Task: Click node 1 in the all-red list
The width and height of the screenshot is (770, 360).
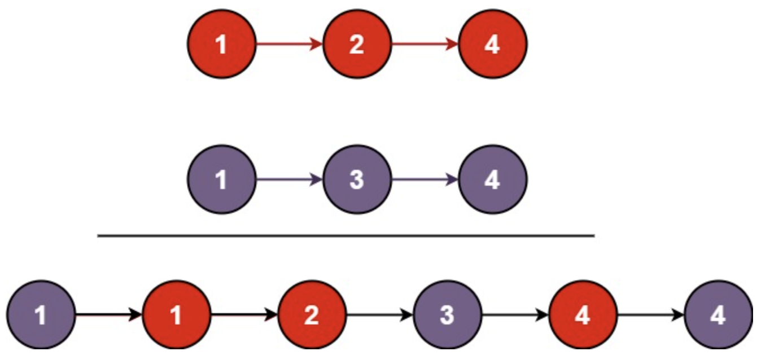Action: tap(222, 43)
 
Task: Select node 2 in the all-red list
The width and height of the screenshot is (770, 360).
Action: tap(357, 43)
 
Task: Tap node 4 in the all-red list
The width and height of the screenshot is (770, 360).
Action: tap(492, 43)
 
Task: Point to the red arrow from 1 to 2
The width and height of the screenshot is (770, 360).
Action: tap(289, 43)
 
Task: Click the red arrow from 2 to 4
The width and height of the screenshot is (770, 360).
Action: tap(425, 43)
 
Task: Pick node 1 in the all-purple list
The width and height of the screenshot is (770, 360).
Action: tap(222, 179)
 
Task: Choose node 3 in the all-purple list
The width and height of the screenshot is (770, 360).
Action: tap(357, 179)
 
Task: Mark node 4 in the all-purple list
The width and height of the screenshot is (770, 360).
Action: tap(492, 179)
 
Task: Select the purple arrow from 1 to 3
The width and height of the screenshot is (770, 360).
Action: tap(289, 179)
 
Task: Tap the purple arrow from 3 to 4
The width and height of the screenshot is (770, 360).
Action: tap(425, 179)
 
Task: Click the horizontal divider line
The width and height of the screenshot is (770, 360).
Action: tap(345, 235)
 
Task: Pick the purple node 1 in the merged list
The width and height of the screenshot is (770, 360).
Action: tap(41, 314)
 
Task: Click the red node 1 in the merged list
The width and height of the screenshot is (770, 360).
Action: tap(176, 314)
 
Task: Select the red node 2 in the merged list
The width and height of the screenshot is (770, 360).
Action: tap(312, 314)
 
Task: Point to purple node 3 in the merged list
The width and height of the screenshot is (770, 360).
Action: tap(447, 314)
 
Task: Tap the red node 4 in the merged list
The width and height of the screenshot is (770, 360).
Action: tap(583, 314)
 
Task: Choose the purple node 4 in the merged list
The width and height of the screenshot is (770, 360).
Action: tap(718, 314)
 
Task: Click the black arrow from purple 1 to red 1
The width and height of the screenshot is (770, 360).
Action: tap(108, 314)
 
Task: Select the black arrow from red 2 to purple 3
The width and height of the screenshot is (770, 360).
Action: tap(379, 314)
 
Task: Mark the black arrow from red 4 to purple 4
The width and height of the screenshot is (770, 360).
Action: tap(650, 314)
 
